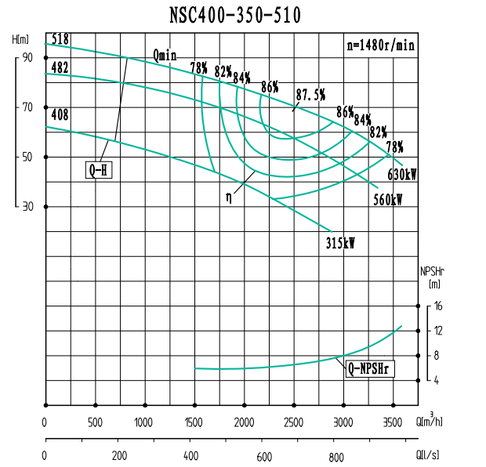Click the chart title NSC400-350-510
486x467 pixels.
[234, 15]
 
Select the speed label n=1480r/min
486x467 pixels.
[380, 45]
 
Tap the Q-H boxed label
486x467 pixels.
[100, 169]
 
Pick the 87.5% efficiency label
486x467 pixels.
[310, 94]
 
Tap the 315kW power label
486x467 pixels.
[340, 244]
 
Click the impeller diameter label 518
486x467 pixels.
[60, 38]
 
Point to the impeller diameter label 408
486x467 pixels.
[60, 115]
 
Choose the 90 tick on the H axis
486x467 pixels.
[27, 57]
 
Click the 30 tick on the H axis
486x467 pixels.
[27, 207]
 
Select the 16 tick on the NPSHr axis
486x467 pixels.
[439, 306]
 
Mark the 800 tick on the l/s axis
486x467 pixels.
[336, 457]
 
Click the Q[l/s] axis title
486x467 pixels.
[429, 454]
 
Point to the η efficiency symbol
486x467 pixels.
[229, 198]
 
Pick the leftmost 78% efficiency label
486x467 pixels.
[199, 67]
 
